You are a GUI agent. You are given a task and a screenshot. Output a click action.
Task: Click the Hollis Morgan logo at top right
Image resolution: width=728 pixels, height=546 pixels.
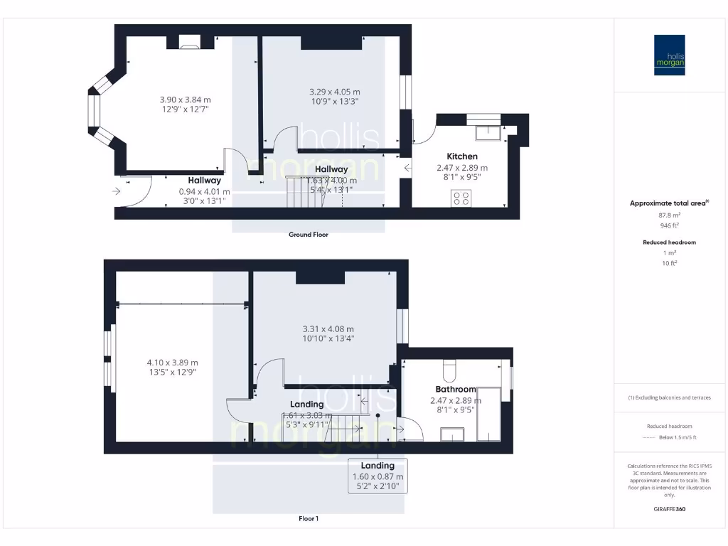(x=669, y=55)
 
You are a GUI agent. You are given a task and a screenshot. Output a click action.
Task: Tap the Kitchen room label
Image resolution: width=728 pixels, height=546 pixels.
(x=461, y=156)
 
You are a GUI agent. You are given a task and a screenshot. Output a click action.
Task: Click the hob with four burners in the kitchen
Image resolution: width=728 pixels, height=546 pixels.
(x=461, y=198)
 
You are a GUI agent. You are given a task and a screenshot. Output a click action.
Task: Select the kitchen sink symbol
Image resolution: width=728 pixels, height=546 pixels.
(x=488, y=130)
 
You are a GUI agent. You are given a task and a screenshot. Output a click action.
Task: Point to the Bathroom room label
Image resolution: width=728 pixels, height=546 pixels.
(x=456, y=390)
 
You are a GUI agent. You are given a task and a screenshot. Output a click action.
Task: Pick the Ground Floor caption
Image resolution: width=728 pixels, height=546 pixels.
(x=308, y=234)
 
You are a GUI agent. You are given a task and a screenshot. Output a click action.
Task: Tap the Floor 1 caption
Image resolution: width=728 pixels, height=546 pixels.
(x=308, y=519)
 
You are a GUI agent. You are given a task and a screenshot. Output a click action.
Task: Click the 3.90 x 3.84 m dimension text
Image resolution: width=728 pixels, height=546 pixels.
(x=185, y=100)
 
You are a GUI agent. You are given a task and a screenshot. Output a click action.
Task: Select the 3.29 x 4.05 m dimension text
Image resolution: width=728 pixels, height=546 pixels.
(x=334, y=92)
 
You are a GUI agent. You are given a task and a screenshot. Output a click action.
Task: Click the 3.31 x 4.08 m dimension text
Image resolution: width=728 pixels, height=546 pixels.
(x=328, y=329)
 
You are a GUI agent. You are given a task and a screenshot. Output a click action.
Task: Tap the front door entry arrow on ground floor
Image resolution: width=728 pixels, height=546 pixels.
(x=117, y=191)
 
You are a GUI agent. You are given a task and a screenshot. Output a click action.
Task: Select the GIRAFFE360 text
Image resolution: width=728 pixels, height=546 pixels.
(x=669, y=509)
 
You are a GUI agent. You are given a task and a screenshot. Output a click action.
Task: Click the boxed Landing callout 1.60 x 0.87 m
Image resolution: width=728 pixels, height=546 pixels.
(x=378, y=476)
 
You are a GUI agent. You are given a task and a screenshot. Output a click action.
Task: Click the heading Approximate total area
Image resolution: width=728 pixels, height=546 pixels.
(x=668, y=203)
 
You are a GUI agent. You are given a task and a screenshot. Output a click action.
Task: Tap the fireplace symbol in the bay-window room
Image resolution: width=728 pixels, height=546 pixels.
(x=190, y=47)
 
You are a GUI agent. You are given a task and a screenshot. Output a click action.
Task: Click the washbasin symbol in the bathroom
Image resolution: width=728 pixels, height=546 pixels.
(x=452, y=434)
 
